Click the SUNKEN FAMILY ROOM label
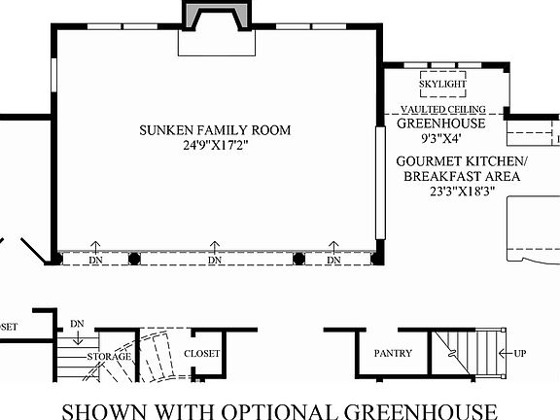click(214, 130)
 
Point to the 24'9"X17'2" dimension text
click(214, 147)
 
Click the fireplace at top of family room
click(216, 19)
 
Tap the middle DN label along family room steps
click(214, 260)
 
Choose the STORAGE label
click(110, 357)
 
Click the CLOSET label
click(202, 354)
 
